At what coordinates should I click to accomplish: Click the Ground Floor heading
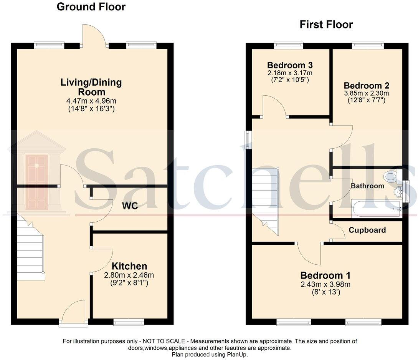tap(91, 7)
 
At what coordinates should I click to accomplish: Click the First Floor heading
tap(326, 25)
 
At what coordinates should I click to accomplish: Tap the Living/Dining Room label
tap(91, 87)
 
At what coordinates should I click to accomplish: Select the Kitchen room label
tap(129, 266)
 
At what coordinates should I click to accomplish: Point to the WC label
tap(130, 206)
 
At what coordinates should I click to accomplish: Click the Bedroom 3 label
tap(290, 65)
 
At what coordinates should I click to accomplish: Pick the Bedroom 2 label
tap(366, 85)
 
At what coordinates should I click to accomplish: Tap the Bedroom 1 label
tap(325, 275)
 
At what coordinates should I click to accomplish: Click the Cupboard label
tap(367, 230)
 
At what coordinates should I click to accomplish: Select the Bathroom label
tap(367, 186)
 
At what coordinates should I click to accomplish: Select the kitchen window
tap(129, 322)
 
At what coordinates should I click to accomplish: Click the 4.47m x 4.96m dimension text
tap(91, 101)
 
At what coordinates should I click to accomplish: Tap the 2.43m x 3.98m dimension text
tap(325, 284)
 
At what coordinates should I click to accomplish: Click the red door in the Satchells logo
tap(37, 182)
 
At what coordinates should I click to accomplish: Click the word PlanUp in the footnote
tap(238, 354)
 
